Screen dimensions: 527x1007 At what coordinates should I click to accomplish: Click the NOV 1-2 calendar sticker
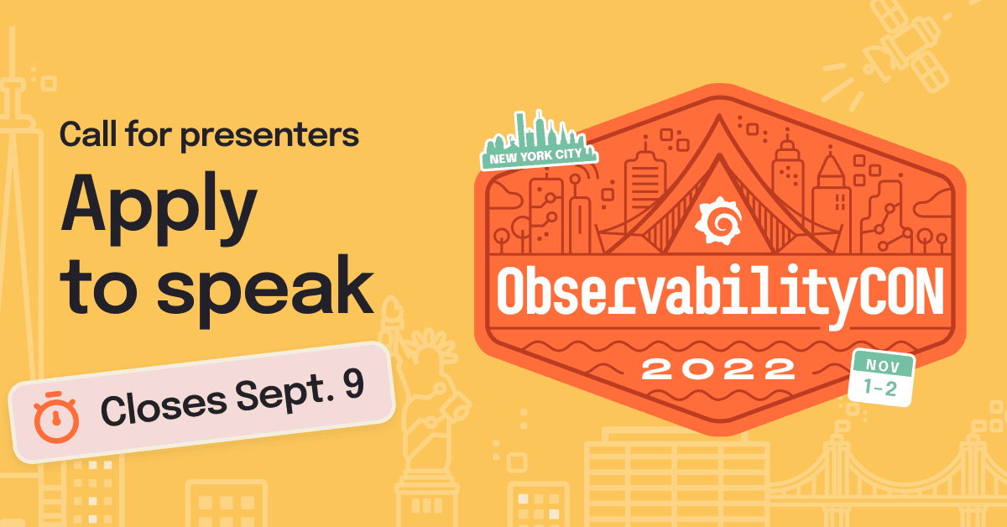coord(881,378)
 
